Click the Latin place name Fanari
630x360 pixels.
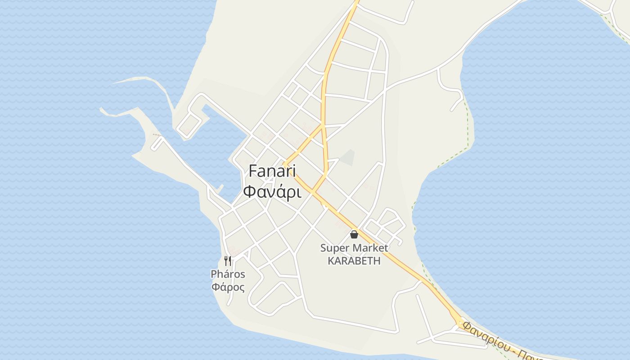(x=272, y=171)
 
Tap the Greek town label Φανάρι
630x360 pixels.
(x=272, y=191)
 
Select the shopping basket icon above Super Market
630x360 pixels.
(x=354, y=234)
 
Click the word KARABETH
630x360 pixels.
(x=354, y=261)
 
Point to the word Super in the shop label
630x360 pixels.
(x=334, y=248)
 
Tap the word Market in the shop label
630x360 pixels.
(x=370, y=248)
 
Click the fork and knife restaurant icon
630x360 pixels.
(x=228, y=261)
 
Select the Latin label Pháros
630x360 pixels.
(x=228, y=274)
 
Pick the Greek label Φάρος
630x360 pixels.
(x=228, y=287)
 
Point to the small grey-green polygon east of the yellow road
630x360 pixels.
(x=347, y=157)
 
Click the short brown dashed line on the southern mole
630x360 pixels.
(x=156, y=135)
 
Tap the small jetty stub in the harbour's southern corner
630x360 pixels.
(x=220, y=189)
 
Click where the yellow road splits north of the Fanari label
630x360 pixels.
(x=322, y=126)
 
